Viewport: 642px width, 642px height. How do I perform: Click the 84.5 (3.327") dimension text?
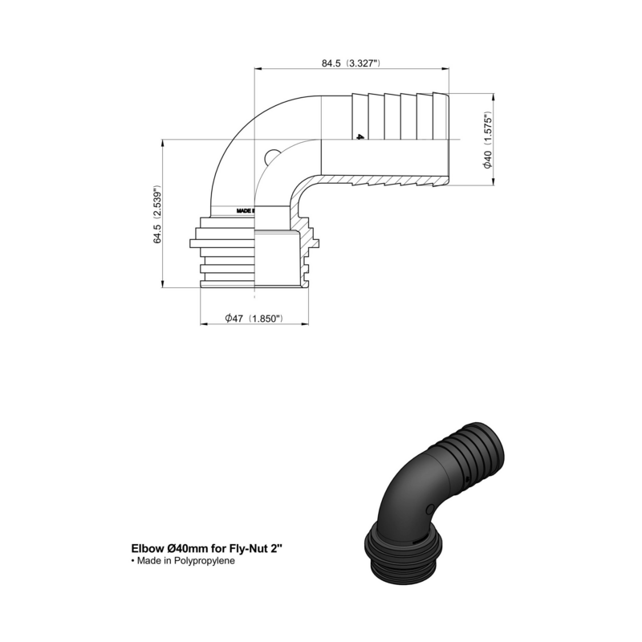(x=351, y=63)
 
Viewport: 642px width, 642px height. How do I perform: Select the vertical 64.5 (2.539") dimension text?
(x=159, y=215)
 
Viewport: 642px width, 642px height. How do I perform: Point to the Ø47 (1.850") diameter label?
(x=253, y=319)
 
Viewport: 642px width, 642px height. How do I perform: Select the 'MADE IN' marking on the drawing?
(x=245, y=211)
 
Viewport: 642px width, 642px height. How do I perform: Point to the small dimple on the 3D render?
(x=431, y=508)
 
